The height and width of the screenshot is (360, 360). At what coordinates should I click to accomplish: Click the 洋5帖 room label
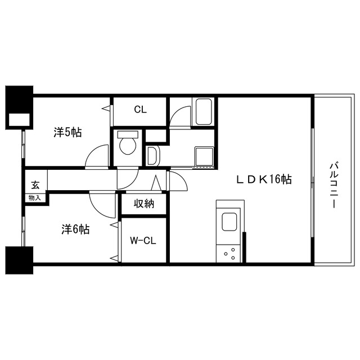(67, 132)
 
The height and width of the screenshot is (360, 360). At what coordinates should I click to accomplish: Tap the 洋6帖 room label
(75, 229)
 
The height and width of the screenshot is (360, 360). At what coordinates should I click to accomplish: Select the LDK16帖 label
(264, 179)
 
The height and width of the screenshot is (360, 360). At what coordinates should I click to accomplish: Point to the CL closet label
(140, 110)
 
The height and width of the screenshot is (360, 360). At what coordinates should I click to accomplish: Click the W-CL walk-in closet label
(143, 240)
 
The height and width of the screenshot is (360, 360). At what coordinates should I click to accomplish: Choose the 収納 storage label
(144, 204)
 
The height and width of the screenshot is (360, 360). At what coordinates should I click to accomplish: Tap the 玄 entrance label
(35, 185)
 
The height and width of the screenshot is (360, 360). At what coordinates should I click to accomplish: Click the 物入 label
(34, 197)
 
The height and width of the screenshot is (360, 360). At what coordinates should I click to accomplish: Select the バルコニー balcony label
(334, 185)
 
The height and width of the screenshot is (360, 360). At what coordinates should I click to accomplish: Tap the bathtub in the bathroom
(203, 112)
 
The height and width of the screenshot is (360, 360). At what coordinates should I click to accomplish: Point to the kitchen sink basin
(229, 222)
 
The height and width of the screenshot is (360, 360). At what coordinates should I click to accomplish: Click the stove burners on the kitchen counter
(229, 254)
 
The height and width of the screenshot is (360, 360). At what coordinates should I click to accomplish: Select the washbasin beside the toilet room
(152, 156)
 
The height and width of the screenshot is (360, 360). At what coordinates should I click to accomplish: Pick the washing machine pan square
(204, 156)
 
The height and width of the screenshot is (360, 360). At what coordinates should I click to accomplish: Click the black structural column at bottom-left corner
(19, 260)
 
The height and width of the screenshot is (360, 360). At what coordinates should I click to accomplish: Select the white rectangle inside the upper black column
(19, 120)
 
